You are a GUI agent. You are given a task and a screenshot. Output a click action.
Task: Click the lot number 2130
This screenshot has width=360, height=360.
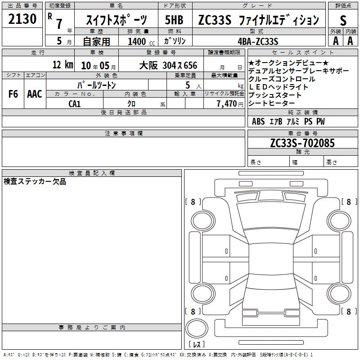[x=22, y=19]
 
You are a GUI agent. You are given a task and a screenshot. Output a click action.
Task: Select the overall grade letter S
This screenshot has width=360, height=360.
[x=343, y=21]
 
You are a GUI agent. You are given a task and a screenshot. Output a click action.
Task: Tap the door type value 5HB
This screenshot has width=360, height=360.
[x=174, y=20]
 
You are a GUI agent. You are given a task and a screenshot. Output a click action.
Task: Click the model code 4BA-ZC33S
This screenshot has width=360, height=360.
[x=258, y=41]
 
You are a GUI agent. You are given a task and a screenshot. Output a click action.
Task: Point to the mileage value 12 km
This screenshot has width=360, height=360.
[x=63, y=64]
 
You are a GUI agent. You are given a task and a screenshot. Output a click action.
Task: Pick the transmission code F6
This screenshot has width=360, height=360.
[x=13, y=94]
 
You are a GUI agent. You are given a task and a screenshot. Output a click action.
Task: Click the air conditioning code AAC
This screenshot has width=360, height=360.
[x=35, y=94]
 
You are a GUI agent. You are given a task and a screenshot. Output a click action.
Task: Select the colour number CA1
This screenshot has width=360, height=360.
[x=74, y=104]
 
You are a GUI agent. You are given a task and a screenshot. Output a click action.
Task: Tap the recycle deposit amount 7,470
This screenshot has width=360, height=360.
[x=227, y=104]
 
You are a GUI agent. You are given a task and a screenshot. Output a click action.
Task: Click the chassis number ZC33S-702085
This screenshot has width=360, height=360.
[x=302, y=143]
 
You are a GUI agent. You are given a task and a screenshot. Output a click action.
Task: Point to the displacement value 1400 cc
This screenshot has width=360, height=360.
[x=141, y=41]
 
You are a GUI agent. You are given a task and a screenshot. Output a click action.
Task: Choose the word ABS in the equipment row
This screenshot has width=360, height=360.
[x=258, y=121]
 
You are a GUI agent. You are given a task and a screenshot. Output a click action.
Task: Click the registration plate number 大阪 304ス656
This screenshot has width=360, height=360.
[x=168, y=65]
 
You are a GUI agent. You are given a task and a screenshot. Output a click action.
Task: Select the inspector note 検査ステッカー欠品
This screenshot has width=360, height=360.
[x=35, y=181]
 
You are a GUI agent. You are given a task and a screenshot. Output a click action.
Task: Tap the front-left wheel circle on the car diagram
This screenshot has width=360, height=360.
[x=202, y=221]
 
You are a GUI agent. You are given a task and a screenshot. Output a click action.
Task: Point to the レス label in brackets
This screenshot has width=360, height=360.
[x=197, y=344]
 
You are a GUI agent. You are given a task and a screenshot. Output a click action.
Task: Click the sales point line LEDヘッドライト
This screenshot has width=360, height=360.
[x=278, y=87]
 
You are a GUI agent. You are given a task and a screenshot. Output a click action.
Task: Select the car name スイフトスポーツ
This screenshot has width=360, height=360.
[x=117, y=20]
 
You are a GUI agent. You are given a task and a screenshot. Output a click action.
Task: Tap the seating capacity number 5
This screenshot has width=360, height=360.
[x=188, y=85]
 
